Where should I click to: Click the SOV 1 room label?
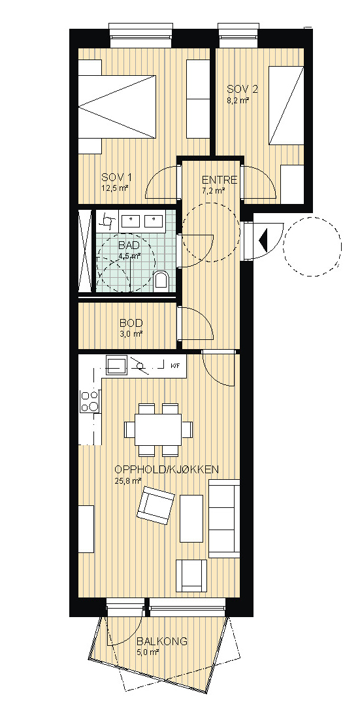tap(117, 177)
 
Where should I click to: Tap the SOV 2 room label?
tap(242, 89)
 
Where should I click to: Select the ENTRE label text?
tap(220, 180)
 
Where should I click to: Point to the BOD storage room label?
tap(131, 323)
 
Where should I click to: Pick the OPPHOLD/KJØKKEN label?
tap(167, 469)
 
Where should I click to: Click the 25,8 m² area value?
tap(127, 480)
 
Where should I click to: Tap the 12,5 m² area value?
tap(114, 188)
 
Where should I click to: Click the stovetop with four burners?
tap(90, 401)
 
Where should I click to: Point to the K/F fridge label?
tap(175, 365)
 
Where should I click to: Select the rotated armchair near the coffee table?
tap(155, 505)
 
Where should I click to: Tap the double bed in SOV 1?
tap(117, 107)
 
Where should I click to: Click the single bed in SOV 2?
tap(287, 105)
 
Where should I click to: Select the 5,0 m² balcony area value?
tap(148, 652)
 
